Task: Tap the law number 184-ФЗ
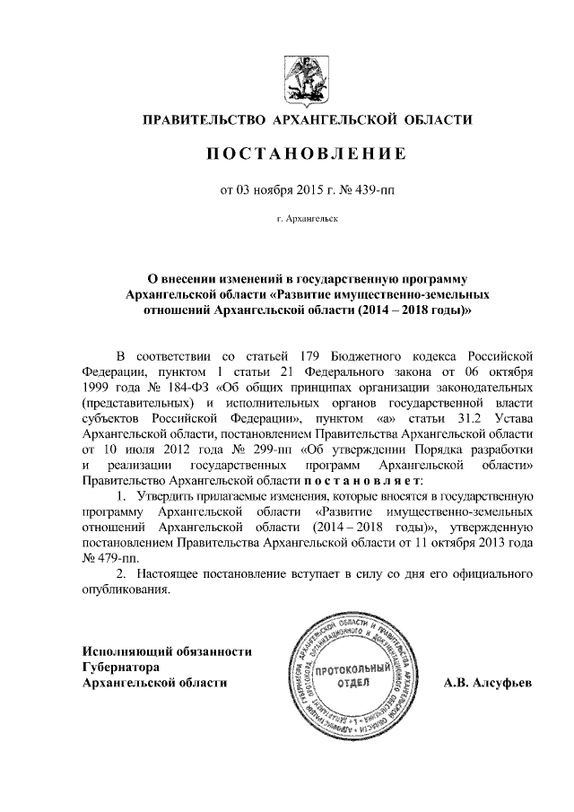184,388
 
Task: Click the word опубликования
125,589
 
